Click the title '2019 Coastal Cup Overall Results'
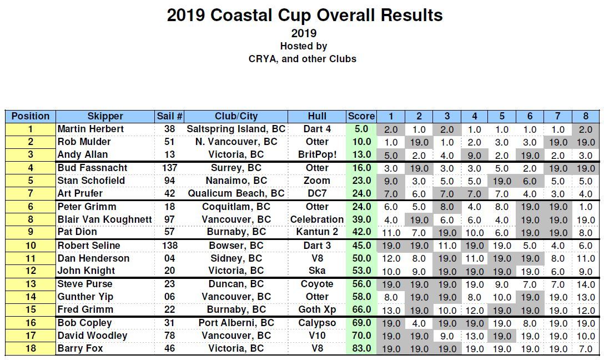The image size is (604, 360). click(305, 15)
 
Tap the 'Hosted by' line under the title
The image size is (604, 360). click(303, 46)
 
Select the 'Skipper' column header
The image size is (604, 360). click(105, 116)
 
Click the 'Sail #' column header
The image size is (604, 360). click(169, 116)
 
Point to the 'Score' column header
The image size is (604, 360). click(361, 116)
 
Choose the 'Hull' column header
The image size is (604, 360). click(317, 116)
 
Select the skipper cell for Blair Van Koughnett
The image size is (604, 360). click(104, 219)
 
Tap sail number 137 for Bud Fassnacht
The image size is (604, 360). click(169, 168)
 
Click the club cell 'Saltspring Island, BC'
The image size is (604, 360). click(236, 129)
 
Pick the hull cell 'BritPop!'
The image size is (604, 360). click(317, 154)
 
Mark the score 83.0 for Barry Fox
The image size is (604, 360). click(361, 348)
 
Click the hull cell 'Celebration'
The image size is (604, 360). click(317, 219)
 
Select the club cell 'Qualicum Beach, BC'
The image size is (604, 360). click(236, 193)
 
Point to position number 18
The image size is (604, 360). click(31, 348)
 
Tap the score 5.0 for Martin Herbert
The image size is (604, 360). click(361, 129)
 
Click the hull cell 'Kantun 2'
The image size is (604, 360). click(317, 232)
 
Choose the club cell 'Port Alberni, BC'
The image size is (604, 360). click(236, 323)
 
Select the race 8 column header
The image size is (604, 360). click(585, 116)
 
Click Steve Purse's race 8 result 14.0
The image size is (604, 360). click(585, 284)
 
